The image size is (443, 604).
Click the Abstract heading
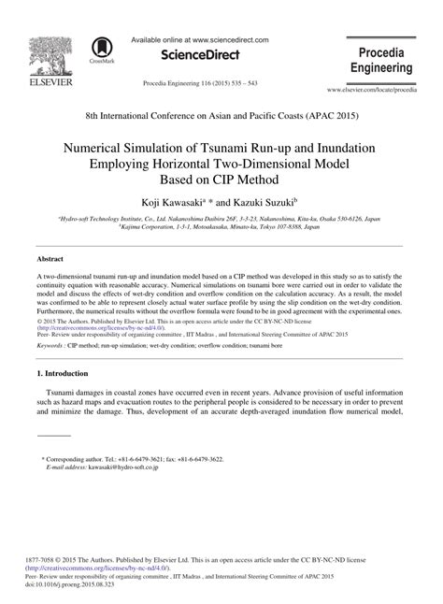[x=51, y=257]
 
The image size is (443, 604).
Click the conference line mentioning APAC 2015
[x=221, y=115]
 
